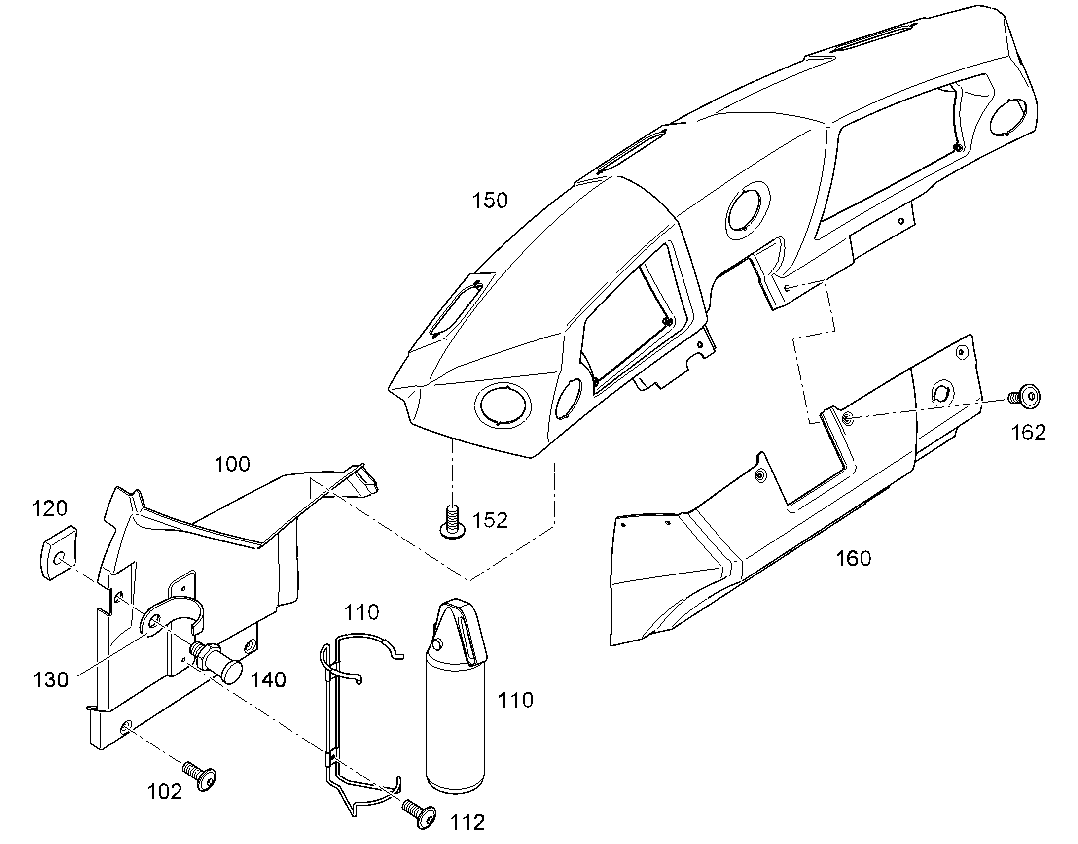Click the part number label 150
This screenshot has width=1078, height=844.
(x=490, y=201)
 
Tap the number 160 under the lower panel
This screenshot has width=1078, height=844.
(x=853, y=559)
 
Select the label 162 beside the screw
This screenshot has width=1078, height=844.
(x=1029, y=433)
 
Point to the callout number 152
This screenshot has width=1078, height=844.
(x=490, y=520)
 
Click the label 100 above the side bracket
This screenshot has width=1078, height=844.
(x=232, y=464)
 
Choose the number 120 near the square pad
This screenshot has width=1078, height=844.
(x=49, y=508)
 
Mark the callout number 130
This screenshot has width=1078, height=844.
(x=50, y=680)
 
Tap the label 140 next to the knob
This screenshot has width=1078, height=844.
(x=268, y=680)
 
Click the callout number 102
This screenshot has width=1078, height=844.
(x=165, y=792)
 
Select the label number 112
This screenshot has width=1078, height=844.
(x=467, y=822)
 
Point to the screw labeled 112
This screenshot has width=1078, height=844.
(x=420, y=810)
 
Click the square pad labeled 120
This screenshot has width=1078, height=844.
(x=58, y=552)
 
